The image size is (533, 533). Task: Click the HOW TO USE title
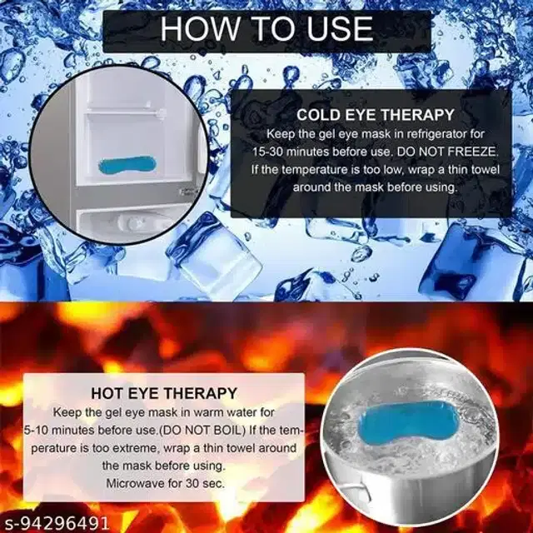[266, 28]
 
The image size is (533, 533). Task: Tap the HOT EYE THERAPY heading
[167, 392]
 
